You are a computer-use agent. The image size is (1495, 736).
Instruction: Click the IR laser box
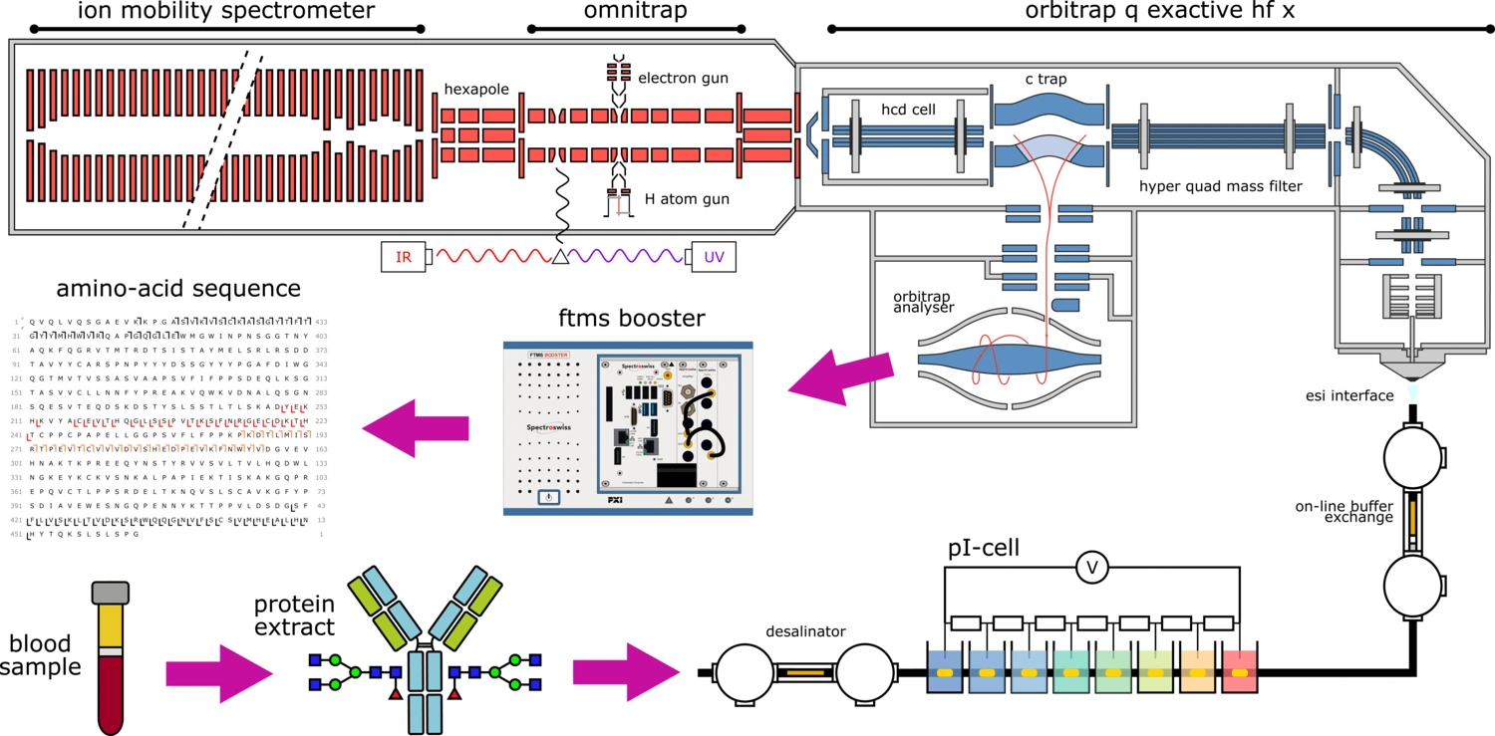tap(404, 258)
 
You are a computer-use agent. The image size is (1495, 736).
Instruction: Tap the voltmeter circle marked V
tap(1091, 568)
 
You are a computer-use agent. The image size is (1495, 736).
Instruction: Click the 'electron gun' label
tap(683, 77)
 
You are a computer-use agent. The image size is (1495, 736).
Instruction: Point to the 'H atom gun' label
tap(687, 199)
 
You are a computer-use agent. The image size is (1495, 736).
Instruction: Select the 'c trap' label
tap(1047, 79)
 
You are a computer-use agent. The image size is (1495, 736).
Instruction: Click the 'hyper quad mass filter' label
tap(1221, 184)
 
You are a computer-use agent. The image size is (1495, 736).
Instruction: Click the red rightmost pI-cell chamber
tap(1240, 672)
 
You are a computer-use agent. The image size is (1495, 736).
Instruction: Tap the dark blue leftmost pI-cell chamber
tap(944, 672)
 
